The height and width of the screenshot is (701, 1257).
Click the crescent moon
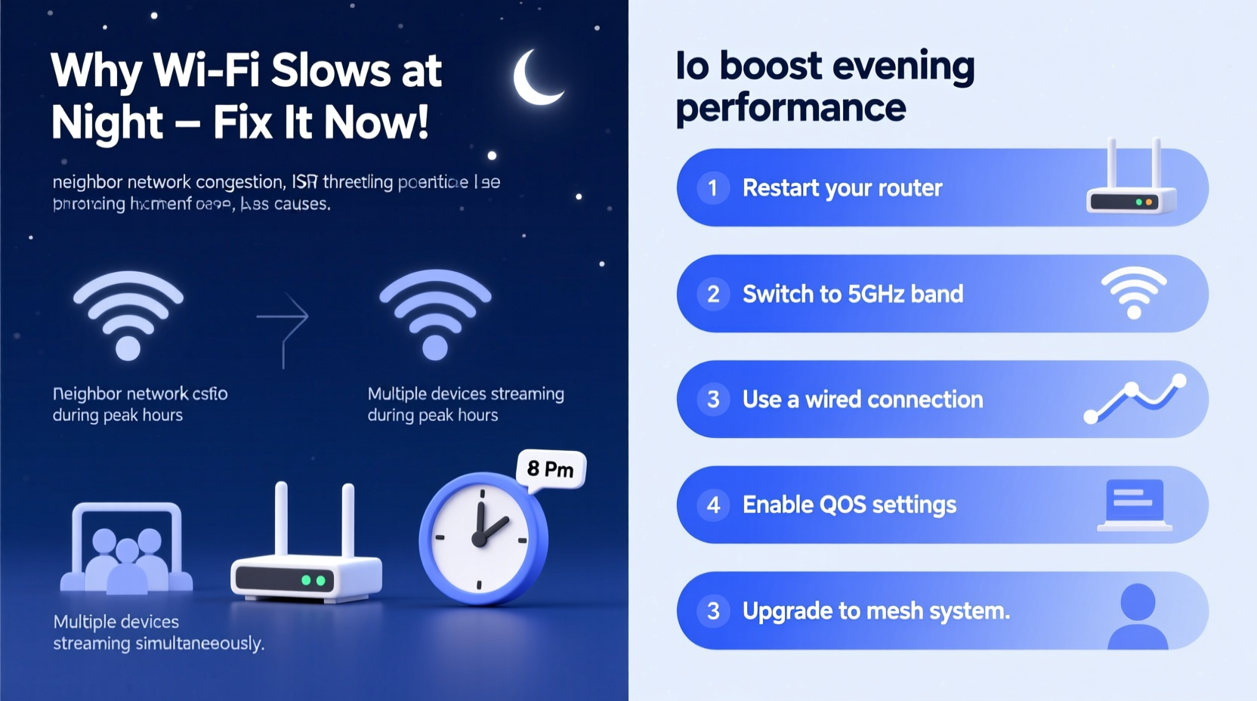535,79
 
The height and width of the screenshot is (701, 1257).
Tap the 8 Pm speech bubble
551,469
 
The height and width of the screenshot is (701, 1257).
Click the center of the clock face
480,538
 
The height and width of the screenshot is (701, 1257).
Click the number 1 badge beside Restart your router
712,187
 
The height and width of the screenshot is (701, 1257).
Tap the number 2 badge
712,294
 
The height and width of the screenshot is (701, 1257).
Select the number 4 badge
712,505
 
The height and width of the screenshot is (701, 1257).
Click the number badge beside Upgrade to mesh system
712,610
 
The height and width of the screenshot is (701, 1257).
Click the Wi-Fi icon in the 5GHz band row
1133,292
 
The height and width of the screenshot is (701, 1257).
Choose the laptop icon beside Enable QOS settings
1134,505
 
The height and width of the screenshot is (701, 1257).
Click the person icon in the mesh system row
1138,615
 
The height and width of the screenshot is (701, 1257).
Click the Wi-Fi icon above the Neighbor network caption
128,314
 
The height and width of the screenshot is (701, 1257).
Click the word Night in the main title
107,122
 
